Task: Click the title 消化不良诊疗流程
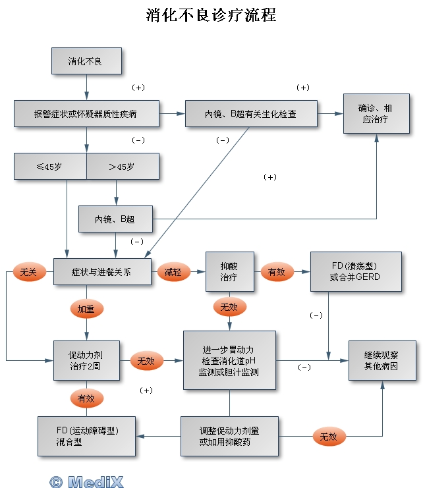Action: [211, 15]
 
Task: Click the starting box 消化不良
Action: [86, 61]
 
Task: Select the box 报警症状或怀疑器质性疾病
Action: [86, 113]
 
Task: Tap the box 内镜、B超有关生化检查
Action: [251, 113]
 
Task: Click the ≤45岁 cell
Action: [50, 166]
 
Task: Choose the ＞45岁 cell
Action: [123, 166]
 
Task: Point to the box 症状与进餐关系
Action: [101, 271]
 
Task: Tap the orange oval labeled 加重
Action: [86, 308]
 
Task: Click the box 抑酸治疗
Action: [229, 271]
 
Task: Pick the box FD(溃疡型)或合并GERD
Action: [355, 271]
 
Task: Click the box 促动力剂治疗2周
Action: [86, 360]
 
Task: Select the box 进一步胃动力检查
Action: [229, 360]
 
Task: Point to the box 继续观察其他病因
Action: [381, 360]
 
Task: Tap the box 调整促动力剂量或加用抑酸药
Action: [229, 436]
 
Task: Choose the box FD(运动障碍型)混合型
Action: [86, 436]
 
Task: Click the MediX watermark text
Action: [87, 481]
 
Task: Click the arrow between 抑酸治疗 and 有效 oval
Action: [257, 271]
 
